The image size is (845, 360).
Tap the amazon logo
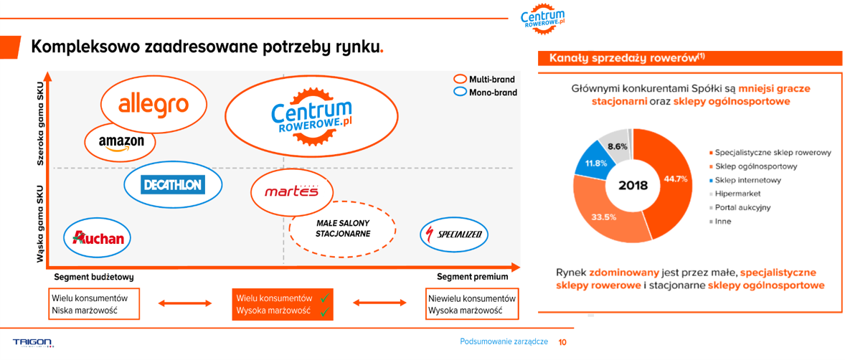[122, 142]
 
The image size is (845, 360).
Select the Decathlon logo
[172, 186]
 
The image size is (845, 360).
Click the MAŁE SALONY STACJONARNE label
[342, 228]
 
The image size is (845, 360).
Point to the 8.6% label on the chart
[617, 146]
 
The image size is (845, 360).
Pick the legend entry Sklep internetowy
[744, 180]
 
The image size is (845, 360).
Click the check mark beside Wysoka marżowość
[324, 311]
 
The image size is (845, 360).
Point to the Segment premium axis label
[472, 277]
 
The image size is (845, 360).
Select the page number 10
[562, 341]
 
